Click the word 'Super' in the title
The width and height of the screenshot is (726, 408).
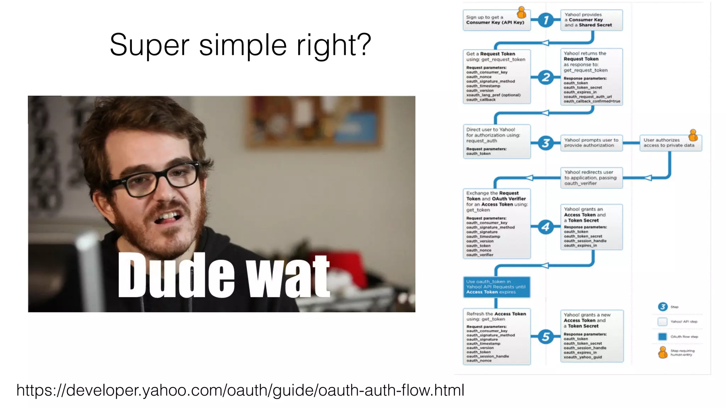(x=149, y=45)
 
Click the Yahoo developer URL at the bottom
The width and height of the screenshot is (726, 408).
(x=240, y=390)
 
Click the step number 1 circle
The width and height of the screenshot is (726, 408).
(x=546, y=20)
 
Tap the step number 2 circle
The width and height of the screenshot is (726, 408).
(x=546, y=77)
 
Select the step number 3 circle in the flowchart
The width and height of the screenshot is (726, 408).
(x=546, y=143)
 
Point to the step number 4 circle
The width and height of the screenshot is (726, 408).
(x=546, y=227)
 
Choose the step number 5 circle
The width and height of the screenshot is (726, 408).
(x=546, y=336)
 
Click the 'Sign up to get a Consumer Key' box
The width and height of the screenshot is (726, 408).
(x=496, y=20)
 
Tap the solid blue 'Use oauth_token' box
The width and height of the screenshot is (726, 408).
(x=496, y=287)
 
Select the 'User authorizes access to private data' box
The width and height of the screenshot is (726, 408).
(x=670, y=143)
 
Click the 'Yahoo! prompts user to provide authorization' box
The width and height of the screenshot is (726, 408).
(x=591, y=143)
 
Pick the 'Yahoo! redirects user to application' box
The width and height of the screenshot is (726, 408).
(x=591, y=178)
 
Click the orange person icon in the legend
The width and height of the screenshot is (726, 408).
(x=663, y=352)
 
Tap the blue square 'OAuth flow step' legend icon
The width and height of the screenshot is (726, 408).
(x=662, y=336)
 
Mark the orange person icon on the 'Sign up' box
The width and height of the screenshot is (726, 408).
(x=521, y=12)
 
